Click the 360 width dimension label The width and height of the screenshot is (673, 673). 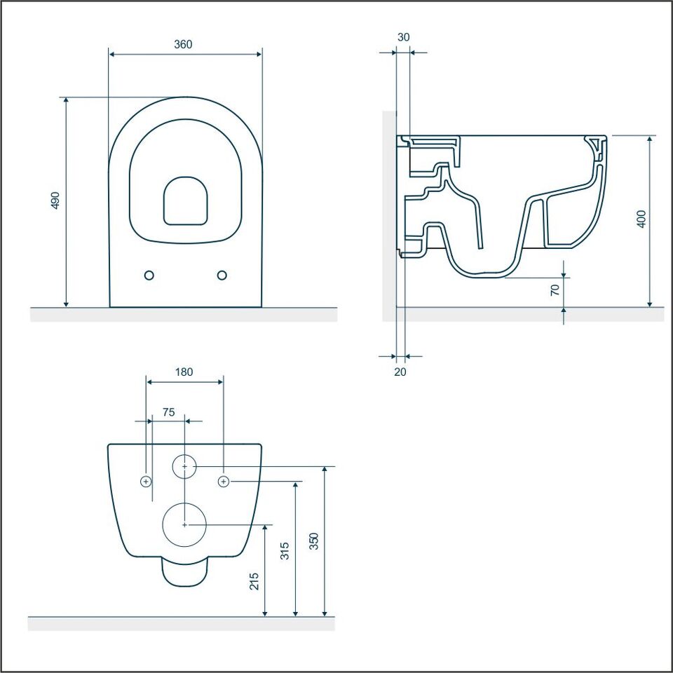(x=183, y=44)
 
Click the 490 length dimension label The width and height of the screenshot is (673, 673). (x=55, y=200)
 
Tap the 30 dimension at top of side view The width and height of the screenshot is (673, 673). (x=404, y=37)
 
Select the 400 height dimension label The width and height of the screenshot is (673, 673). (x=641, y=219)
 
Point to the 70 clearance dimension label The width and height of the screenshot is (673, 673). (x=555, y=290)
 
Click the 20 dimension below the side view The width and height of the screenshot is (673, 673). (x=400, y=372)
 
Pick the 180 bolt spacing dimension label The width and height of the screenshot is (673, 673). (x=184, y=372)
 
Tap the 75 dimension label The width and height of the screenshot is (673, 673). (x=169, y=412)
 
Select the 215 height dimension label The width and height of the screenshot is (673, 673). (x=254, y=581)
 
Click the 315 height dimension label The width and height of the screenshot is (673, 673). (x=285, y=551)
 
